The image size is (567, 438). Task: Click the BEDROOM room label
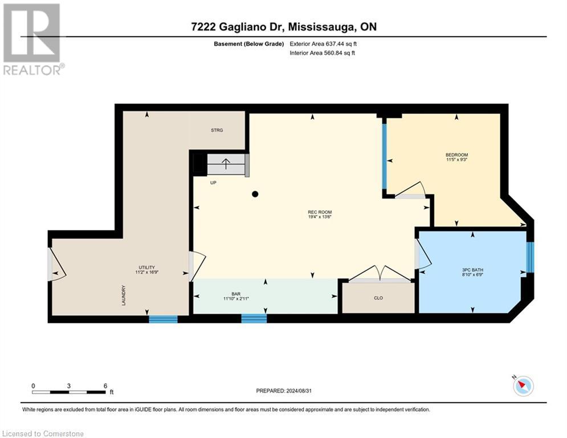point(456,155)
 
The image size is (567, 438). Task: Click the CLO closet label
point(378,298)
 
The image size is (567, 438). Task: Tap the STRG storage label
point(217,131)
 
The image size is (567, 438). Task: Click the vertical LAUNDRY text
point(123,295)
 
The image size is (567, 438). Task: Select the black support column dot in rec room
point(255,194)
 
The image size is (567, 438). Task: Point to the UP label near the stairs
point(213,183)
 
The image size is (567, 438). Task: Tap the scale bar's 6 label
point(105,386)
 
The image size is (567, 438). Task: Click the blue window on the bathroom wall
point(530,257)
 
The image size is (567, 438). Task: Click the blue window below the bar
point(254,318)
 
